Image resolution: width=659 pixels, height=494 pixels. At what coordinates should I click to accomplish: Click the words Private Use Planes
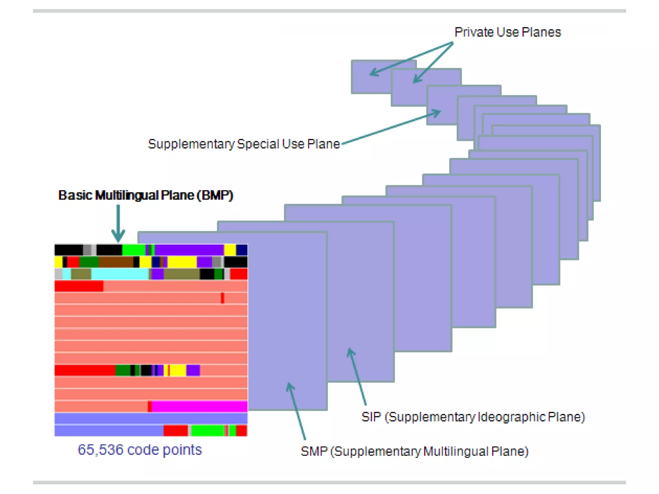(x=507, y=32)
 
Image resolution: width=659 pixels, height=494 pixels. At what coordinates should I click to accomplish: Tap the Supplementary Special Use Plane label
(x=244, y=144)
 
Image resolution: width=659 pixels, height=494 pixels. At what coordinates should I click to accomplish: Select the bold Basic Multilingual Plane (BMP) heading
(x=145, y=195)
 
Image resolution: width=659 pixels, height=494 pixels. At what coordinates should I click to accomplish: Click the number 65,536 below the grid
(x=100, y=450)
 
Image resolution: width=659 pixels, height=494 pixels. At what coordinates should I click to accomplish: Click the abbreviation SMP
(x=314, y=451)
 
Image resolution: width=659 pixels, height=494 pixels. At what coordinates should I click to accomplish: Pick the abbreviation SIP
(x=371, y=417)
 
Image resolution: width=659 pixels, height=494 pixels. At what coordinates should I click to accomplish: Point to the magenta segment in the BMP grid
(x=200, y=407)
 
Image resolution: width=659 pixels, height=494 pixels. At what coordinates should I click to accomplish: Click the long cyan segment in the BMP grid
(x=120, y=274)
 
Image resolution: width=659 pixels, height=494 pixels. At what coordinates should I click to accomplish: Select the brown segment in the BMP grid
(x=116, y=262)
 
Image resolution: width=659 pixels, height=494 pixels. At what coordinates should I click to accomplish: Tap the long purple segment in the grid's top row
(x=189, y=250)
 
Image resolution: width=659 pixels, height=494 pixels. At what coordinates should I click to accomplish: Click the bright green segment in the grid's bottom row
(x=208, y=430)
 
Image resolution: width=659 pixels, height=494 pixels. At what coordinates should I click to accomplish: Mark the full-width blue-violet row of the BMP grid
(x=151, y=418)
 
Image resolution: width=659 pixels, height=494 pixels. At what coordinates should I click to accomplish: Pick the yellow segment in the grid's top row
(x=230, y=250)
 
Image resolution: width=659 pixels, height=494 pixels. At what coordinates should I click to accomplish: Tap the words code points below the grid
(x=164, y=450)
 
